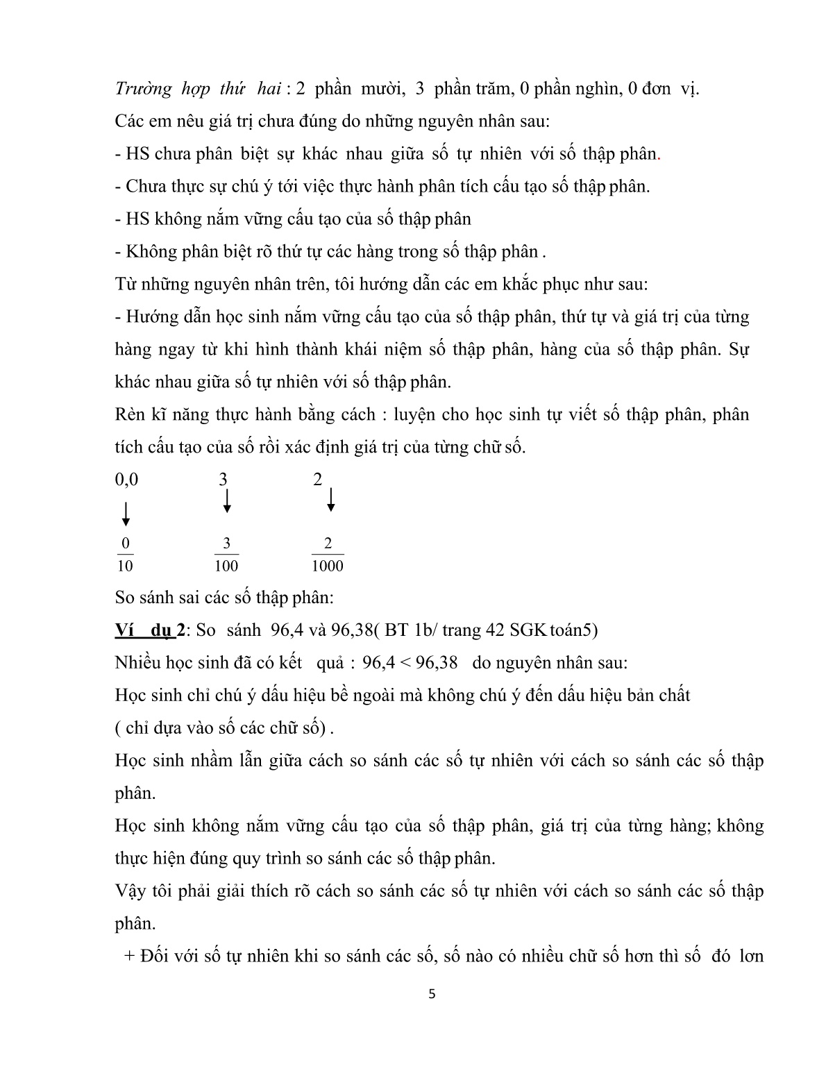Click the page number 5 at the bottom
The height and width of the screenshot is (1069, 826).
click(432, 993)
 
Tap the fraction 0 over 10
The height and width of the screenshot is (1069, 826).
click(125, 555)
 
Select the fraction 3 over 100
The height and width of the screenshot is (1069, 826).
click(226, 555)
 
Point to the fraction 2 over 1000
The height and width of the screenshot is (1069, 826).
click(328, 555)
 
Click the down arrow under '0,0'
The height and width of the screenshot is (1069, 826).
click(126, 514)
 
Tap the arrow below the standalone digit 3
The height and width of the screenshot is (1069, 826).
click(226, 501)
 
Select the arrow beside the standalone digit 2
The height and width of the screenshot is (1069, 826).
click(331, 499)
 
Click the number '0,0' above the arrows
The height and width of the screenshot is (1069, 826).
click(126, 480)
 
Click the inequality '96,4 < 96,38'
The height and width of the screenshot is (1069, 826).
click(410, 662)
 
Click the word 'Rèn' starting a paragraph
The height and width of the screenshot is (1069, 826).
click(130, 414)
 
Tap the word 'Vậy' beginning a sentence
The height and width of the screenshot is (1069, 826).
click(130, 891)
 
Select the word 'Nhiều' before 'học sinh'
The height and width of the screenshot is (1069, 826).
click(137, 662)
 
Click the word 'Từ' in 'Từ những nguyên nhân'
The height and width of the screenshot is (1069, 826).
click(126, 284)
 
